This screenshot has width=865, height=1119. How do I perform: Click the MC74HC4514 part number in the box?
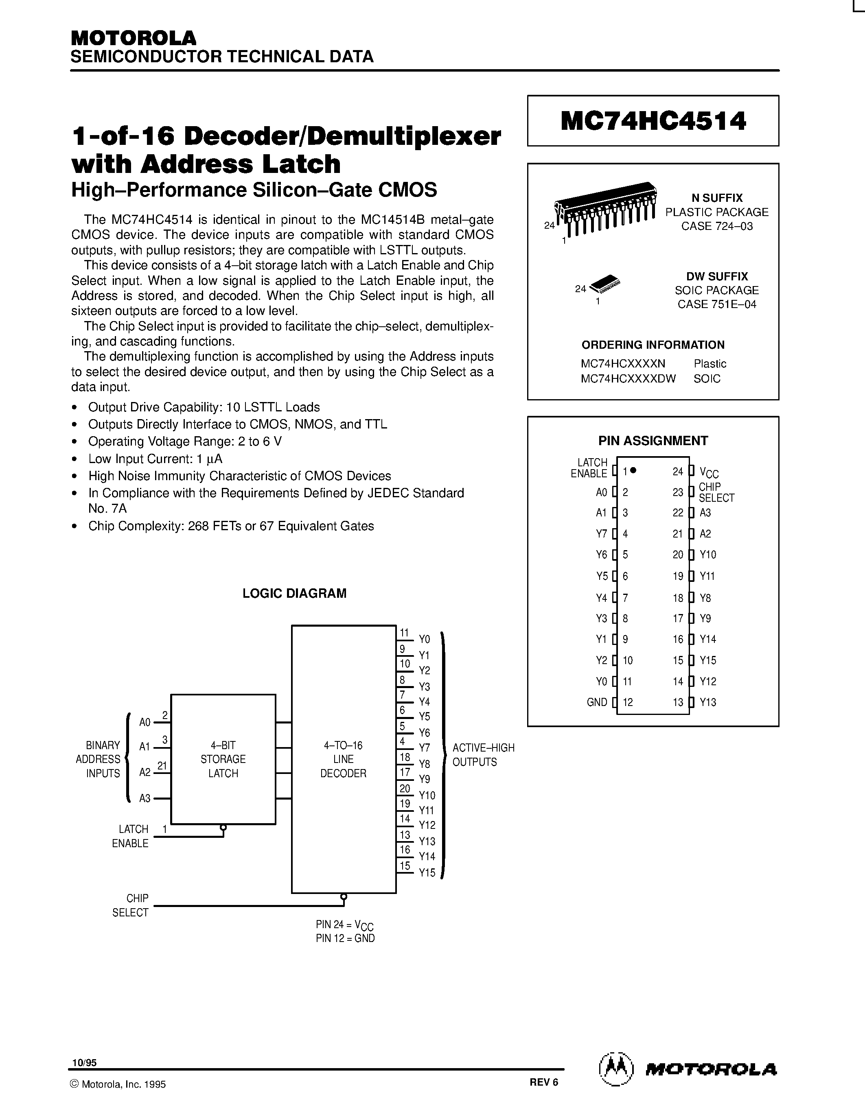point(653,121)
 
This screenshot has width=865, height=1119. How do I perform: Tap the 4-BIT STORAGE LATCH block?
point(223,759)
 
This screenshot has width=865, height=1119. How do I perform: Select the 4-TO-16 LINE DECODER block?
point(343,759)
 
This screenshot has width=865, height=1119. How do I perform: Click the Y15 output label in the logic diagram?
point(427,872)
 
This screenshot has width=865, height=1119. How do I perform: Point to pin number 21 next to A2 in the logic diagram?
point(162,766)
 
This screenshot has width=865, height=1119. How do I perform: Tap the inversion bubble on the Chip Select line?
point(343,897)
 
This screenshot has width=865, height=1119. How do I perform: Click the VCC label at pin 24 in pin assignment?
point(709,472)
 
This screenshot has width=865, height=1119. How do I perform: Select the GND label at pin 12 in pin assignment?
point(596,702)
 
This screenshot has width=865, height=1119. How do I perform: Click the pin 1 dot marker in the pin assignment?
point(634,470)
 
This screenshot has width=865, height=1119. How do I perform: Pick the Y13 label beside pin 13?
point(708,702)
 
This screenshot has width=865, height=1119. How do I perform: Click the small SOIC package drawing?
point(604,283)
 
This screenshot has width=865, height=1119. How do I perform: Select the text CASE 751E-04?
point(716,304)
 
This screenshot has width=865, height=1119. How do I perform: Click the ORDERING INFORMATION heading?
point(653,345)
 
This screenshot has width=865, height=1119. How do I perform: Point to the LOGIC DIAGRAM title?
point(294,593)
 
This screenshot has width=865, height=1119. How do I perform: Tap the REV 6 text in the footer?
point(544,1082)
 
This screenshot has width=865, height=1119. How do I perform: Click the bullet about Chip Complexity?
point(230,526)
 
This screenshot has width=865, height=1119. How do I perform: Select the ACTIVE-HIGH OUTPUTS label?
point(483,755)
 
